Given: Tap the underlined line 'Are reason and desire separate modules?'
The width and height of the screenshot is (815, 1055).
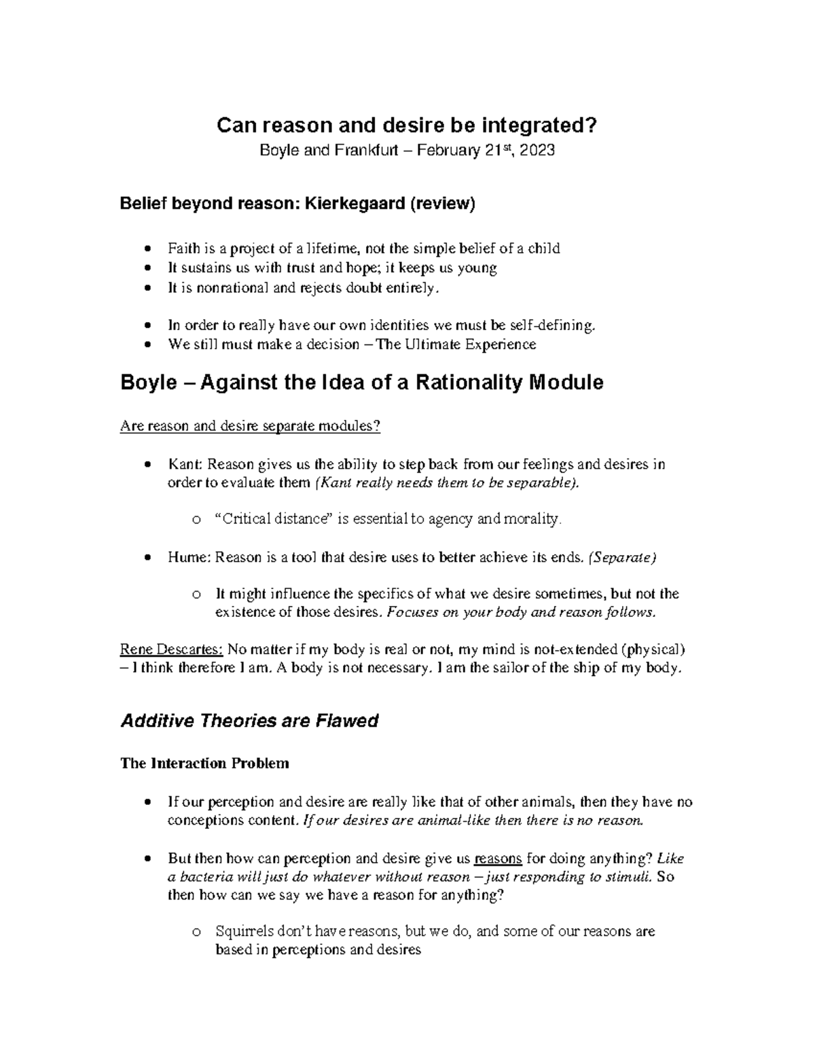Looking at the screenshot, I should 250,427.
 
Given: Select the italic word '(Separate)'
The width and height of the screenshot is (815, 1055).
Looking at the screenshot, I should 622,558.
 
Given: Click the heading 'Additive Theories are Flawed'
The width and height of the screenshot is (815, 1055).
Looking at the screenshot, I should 249,721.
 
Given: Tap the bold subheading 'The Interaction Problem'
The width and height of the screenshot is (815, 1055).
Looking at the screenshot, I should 204,763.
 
